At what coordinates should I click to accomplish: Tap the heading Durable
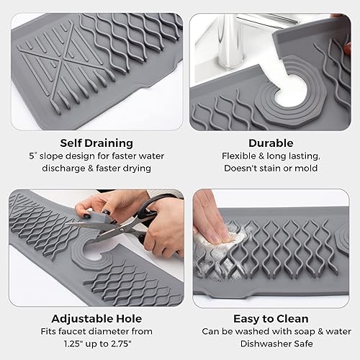coord(271,143)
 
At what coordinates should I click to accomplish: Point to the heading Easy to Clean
coord(271,318)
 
